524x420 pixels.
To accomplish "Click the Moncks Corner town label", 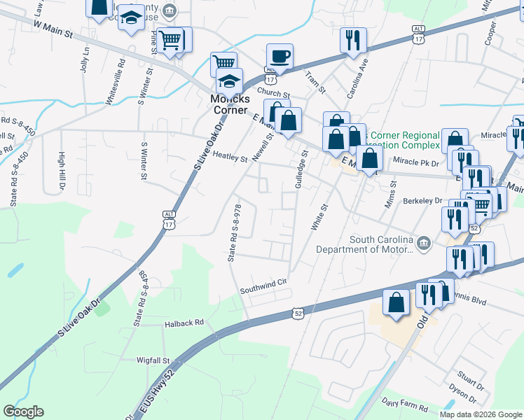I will click(x=229, y=104).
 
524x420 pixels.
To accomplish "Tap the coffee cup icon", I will click(x=280, y=57).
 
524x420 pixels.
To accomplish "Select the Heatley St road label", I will click(x=230, y=158).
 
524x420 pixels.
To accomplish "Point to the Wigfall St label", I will click(x=154, y=360).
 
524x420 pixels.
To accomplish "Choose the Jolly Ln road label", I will click(x=85, y=59).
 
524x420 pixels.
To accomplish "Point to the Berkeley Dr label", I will click(x=422, y=200).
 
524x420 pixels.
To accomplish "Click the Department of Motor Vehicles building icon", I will click(x=423, y=243).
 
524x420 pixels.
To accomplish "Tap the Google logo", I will click(x=24, y=412).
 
